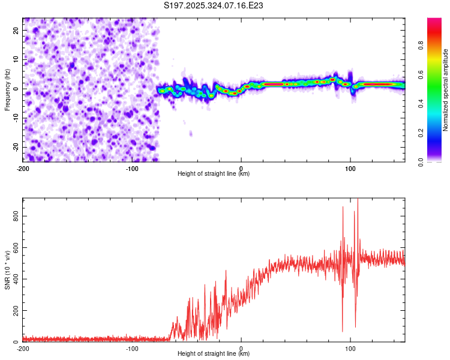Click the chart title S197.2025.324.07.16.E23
click(x=214, y=5)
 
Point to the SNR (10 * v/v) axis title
click(x=7, y=269)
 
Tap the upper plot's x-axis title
click(x=214, y=173)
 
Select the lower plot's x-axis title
click(x=214, y=353)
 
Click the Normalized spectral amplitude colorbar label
click(x=446, y=90)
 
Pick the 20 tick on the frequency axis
click(x=17, y=30)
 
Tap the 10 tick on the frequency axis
click(x=17, y=59)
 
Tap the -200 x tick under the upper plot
click(x=23, y=167)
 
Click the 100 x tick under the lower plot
click(x=350, y=347)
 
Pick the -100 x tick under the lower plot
click(x=132, y=347)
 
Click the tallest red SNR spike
click(x=358, y=200)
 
